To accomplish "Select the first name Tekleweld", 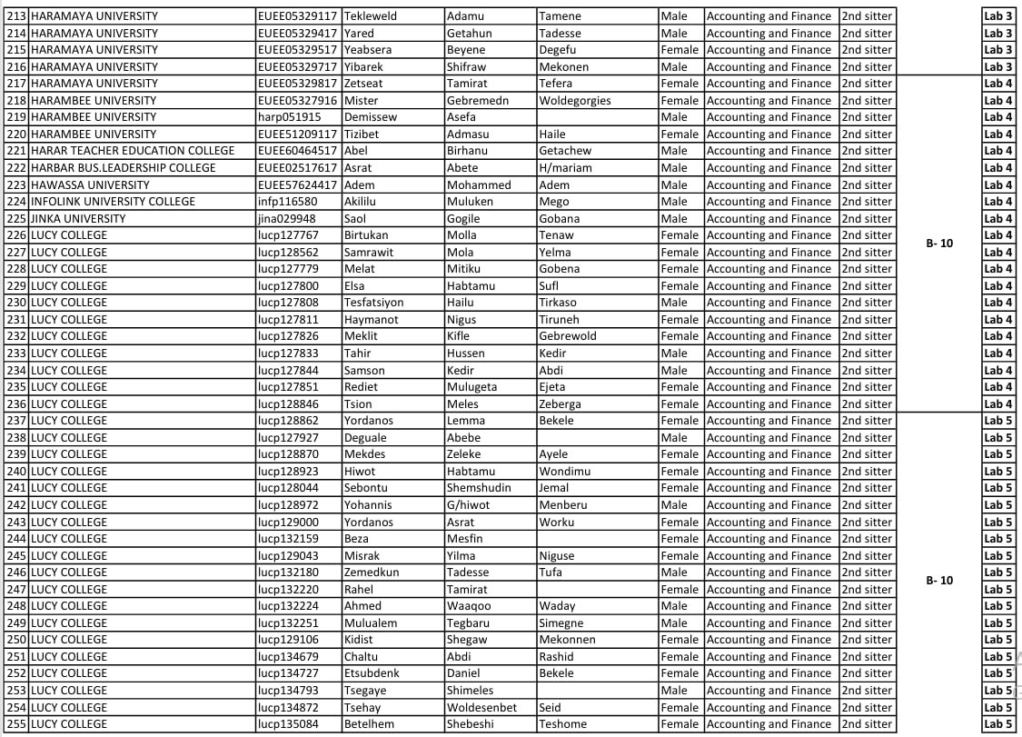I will point(370,16).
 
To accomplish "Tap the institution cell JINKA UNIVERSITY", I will point(78,218).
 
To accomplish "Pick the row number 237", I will point(16,421).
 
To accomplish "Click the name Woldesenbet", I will point(481,707).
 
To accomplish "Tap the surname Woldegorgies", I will point(574,101).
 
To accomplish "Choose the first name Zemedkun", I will point(371,573).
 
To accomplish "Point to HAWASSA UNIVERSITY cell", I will point(90,184).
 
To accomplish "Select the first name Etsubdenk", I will point(371,673).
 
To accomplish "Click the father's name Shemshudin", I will point(479,488).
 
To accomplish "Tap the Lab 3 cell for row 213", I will point(997,16).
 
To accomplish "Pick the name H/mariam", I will point(565,168).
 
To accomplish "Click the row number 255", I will point(16,724).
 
